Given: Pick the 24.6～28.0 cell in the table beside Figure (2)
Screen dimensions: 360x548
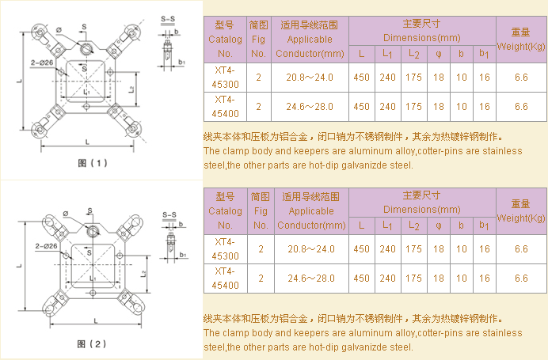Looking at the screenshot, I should pos(311,279).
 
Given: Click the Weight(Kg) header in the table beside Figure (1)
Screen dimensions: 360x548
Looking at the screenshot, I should pos(520,39).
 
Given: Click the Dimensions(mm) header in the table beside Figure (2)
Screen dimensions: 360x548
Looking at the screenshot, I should pos(421,209).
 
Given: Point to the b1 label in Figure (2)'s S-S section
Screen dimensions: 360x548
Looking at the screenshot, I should pos(182,255).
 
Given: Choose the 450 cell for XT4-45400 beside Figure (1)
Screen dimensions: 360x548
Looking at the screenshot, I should pos(361,106).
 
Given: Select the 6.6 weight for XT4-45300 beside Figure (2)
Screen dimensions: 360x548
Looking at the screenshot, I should pos(520,248).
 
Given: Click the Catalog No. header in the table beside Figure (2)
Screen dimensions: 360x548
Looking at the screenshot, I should pos(225,210).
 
